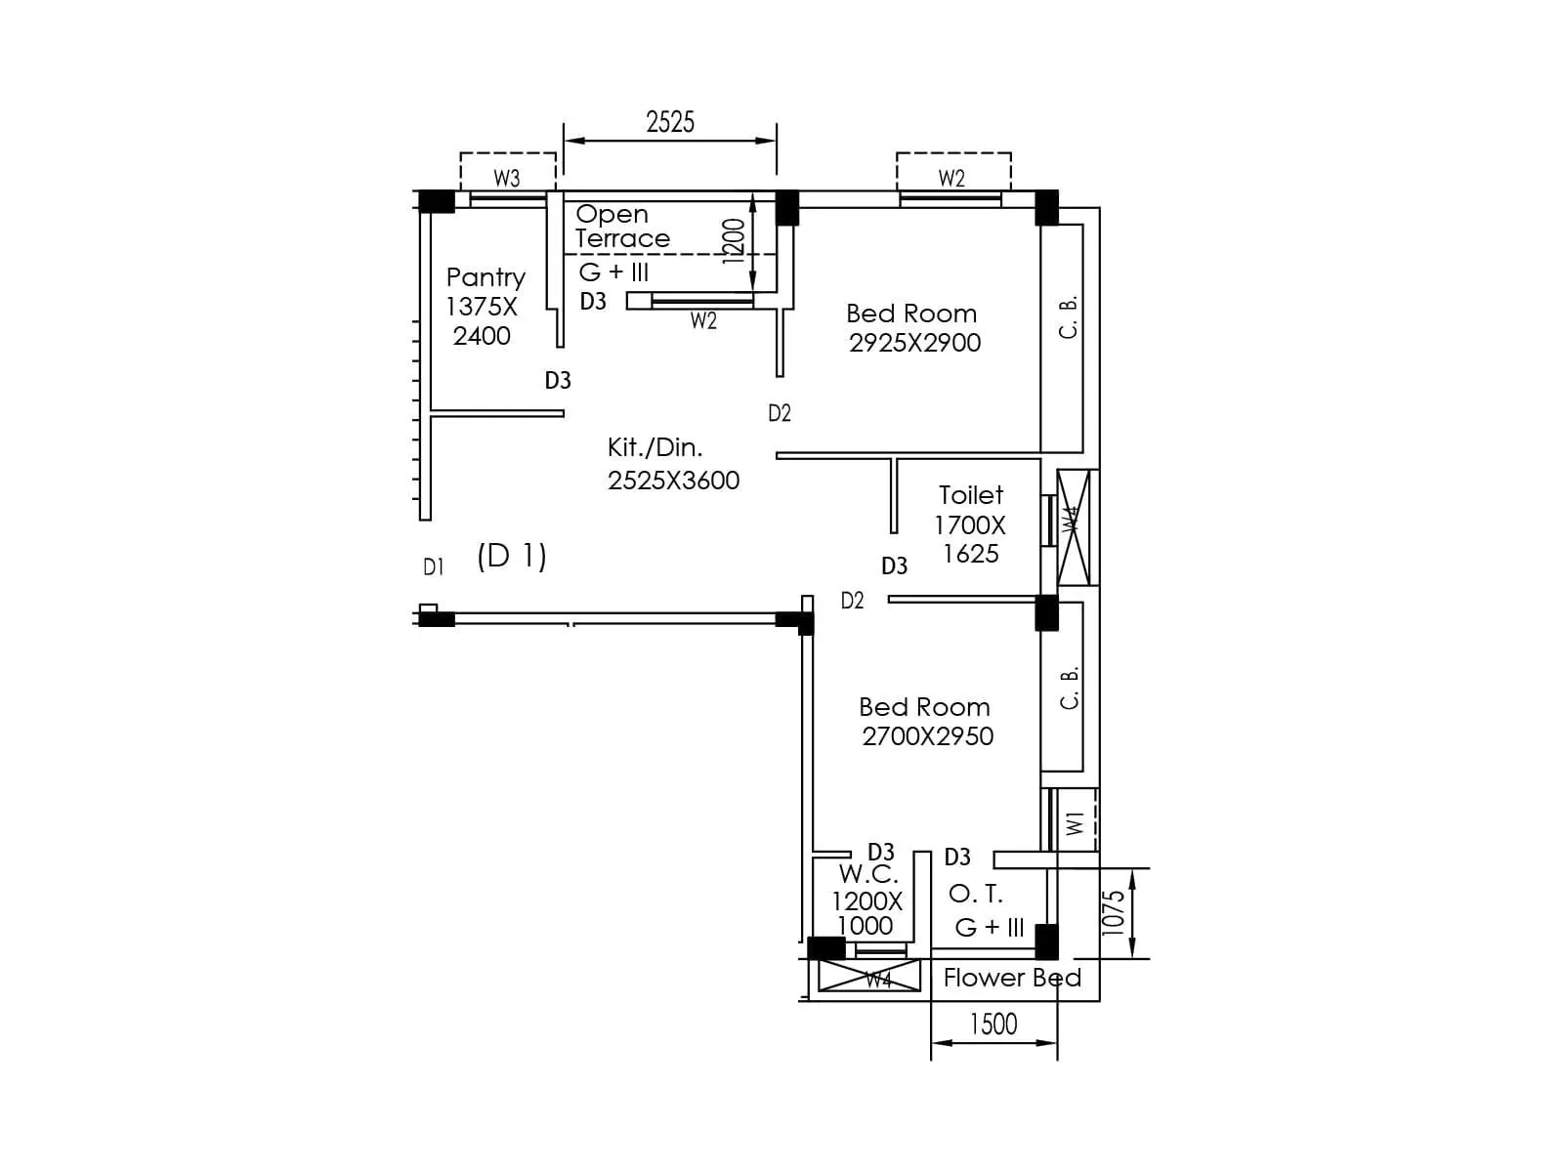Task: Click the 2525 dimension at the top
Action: pos(670,122)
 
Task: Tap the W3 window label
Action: pos(507,178)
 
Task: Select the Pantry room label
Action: pos(486,277)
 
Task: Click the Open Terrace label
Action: pos(621,226)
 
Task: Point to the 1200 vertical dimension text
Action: pos(734,241)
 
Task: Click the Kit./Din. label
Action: pos(655,447)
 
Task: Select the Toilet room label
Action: pos(971,495)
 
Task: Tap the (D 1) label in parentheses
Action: pos(512,556)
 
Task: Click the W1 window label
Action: pos(1076,822)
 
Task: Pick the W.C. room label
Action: pos(868,874)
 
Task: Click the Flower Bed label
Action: pos(1012,978)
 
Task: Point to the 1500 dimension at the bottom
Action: pos(993,1024)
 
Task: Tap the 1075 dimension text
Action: pos(1114,912)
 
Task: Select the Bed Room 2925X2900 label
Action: pos(912,327)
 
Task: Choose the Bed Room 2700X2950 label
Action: pos(925,721)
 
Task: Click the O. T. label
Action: pos(976,894)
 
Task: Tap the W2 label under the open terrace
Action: pos(703,320)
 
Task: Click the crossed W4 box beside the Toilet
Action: pos(1074,527)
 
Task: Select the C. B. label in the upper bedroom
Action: pos(1069,317)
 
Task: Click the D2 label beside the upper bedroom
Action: pos(779,413)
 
